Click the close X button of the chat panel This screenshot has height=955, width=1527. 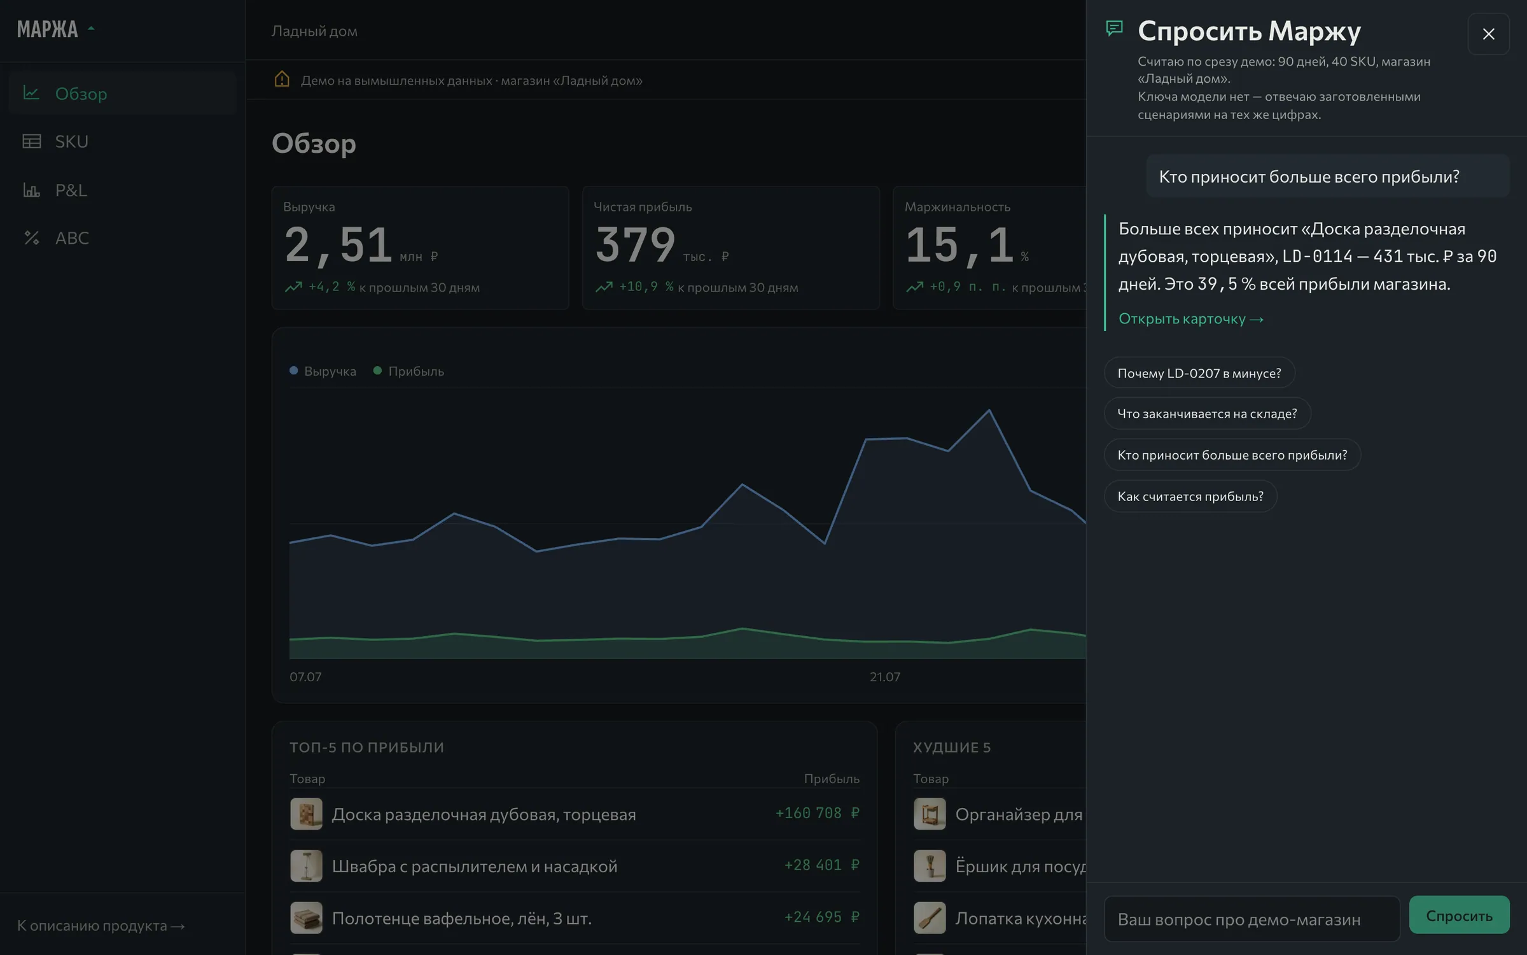[x=1488, y=34]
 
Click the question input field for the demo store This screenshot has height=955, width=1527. [x=1252, y=919]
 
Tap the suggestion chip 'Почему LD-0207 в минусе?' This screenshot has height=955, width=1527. [x=1199, y=373]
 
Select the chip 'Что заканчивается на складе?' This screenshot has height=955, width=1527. [x=1207, y=414]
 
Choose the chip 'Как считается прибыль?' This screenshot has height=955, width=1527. [x=1190, y=497]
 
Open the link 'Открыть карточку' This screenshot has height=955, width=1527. [x=1190, y=319]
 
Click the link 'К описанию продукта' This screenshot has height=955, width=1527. [x=101, y=926]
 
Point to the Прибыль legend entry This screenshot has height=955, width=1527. [x=408, y=371]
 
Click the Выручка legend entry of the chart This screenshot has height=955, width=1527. [x=323, y=371]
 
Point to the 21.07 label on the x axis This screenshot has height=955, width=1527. [x=885, y=677]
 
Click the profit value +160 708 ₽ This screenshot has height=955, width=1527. [x=818, y=813]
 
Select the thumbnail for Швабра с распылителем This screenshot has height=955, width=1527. [x=306, y=866]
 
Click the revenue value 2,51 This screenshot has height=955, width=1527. [x=338, y=244]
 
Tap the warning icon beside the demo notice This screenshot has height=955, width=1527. [x=282, y=80]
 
